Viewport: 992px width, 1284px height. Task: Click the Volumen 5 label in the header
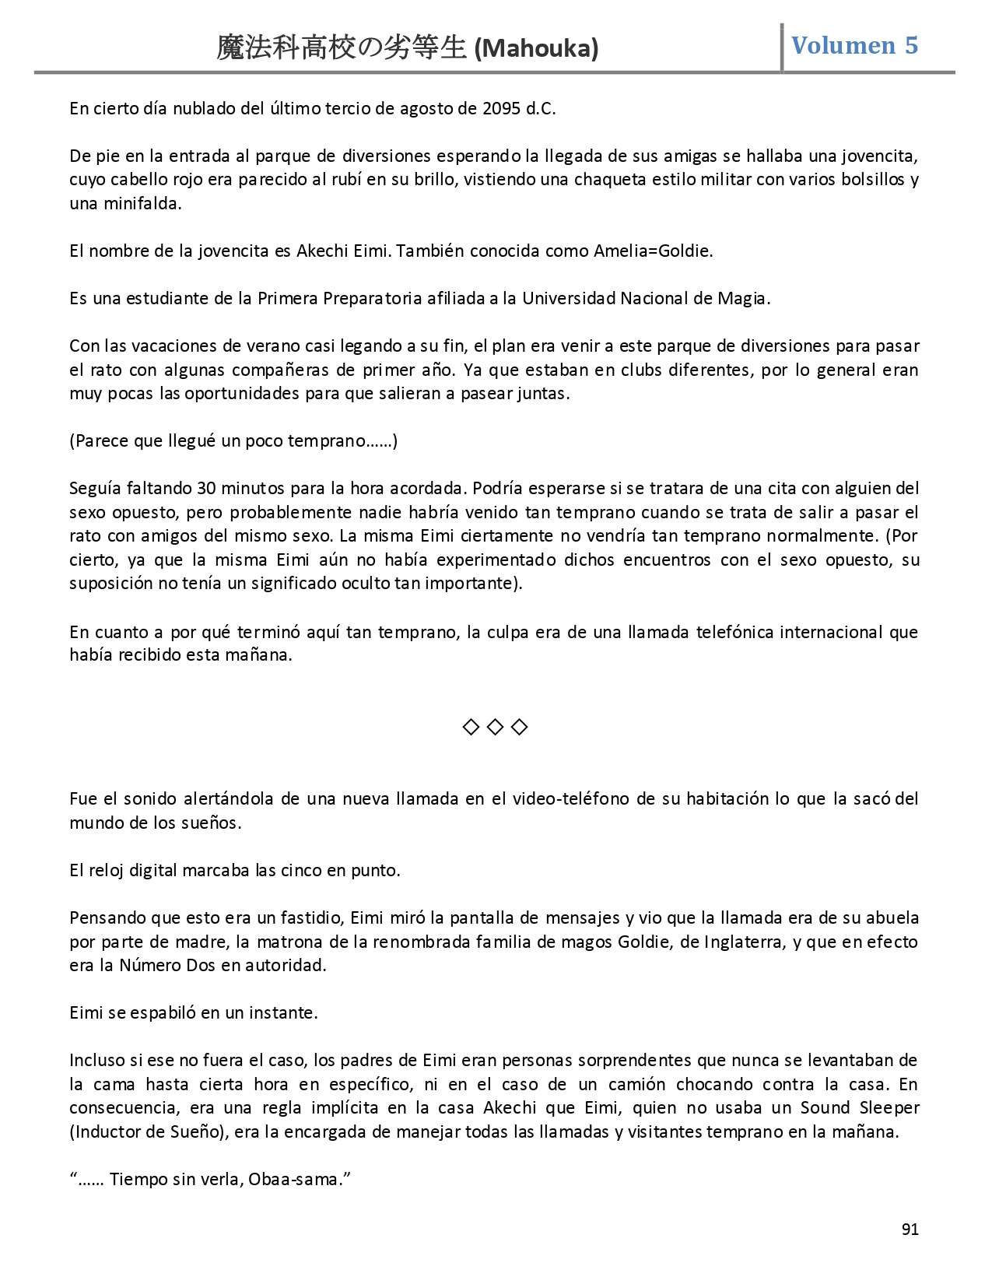tap(854, 45)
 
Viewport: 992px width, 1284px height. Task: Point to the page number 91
tap(910, 1230)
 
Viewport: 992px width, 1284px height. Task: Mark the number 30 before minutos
tap(206, 489)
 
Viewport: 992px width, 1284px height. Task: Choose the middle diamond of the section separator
tap(495, 727)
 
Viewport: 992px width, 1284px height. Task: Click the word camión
tap(617, 1084)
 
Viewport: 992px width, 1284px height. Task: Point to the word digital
tap(153, 871)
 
